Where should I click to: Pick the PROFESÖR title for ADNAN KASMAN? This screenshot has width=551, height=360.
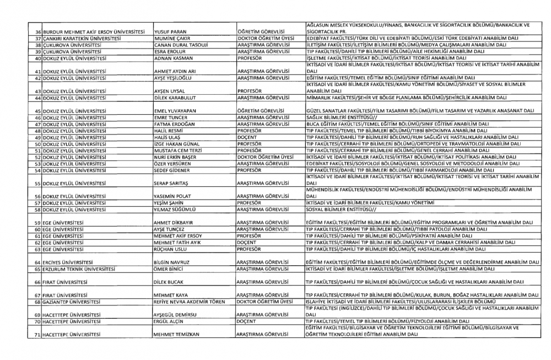(x=249, y=58)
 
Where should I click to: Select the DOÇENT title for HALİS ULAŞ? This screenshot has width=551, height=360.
(x=246, y=137)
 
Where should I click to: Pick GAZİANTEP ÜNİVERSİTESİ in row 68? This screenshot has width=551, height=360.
(x=72, y=302)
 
